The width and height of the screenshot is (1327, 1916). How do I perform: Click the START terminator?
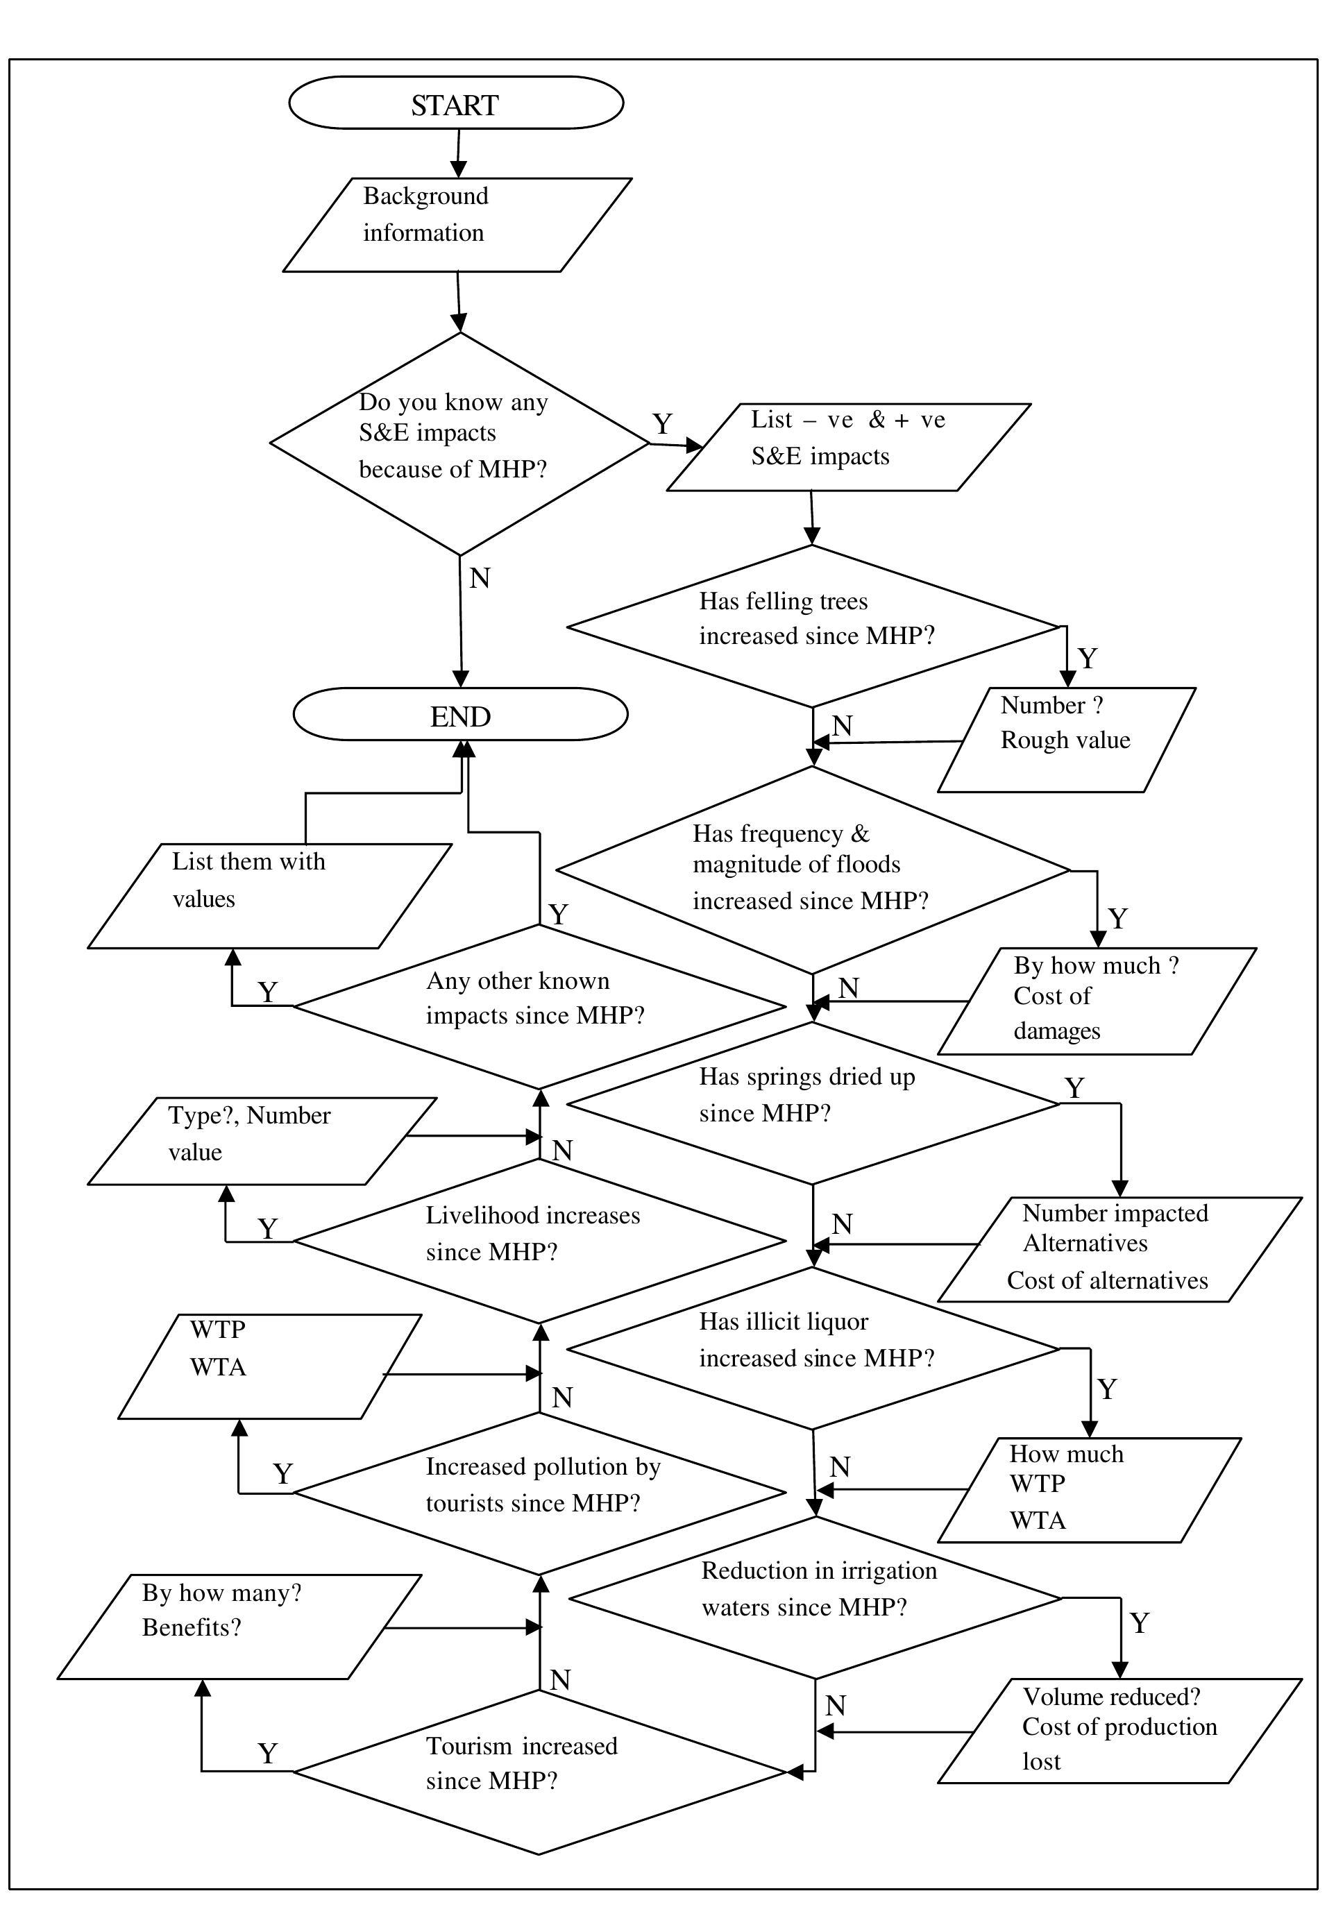pyautogui.click(x=456, y=103)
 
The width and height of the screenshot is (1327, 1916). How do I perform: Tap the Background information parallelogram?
pyautogui.click(x=457, y=224)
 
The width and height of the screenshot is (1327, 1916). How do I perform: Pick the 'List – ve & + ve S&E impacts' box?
pyautogui.click(x=848, y=447)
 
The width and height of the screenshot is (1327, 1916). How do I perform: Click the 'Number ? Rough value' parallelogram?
pyautogui.click(x=1066, y=739)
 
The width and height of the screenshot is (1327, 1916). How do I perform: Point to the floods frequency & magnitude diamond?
pyautogui.click(x=811, y=870)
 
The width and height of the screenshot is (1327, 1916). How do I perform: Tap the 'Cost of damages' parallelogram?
pyautogui.click(x=1096, y=1001)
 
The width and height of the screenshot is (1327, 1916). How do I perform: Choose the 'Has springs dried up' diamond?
pyautogui.click(x=811, y=1103)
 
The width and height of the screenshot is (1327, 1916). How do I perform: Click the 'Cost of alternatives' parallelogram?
pyautogui.click(x=1119, y=1248)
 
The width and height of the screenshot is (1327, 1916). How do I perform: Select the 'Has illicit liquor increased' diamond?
pyautogui.click(x=811, y=1348)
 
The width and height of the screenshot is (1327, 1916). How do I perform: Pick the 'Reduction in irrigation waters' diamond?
pyautogui.click(x=815, y=1597)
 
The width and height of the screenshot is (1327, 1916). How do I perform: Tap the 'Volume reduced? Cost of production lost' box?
pyautogui.click(x=1119, y=1731)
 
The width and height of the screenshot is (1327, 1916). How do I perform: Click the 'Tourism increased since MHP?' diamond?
pyautogui.click(x=539, y=1772)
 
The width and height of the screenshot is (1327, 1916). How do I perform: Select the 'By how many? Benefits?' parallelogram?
pyautogui.click(x=239, y=1626)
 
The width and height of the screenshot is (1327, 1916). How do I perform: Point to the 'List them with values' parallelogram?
pyautogui.click(x=269, y=895)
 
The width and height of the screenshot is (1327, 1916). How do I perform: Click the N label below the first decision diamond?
pyautogui.click(x=480, y=577)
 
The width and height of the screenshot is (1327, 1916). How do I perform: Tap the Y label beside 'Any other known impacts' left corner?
pyautogui.click(x=267, y=992)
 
